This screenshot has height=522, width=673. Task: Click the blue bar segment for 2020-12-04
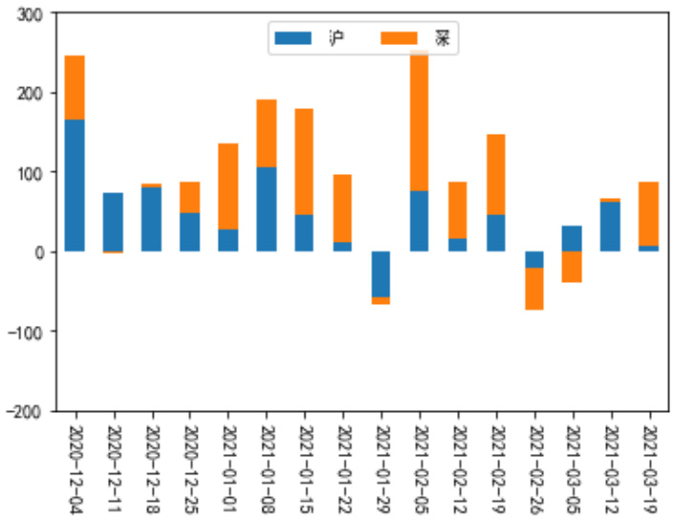pyautogui.click(x=74, y=185)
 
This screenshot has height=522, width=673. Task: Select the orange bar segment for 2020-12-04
pyautogui.click(x=74, y=87)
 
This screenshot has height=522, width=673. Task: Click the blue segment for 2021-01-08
pyautogui.click(x=266, y=209)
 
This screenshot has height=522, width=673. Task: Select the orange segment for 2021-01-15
pyautogui.click(x=305, y=162)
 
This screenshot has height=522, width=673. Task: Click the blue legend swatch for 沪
pyautogui.click(x=292, y=38)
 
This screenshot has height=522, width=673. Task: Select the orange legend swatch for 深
pyautogui.click(x=398, y=38)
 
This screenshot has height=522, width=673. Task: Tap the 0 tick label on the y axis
pyautogui.click(x=43, y=252)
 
